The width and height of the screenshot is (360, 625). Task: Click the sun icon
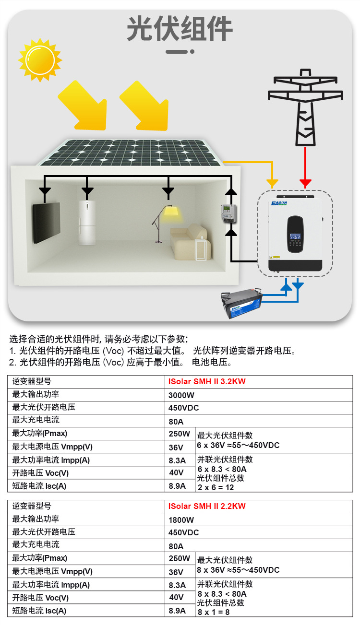[x=40, y=60]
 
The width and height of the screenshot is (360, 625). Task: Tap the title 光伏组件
[x=180, y=28]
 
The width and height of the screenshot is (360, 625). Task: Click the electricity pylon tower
[x=305, y=107]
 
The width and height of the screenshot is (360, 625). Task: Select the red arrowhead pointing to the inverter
[x=305, y=183]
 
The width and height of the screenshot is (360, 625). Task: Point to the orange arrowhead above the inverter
[x=272, y=184]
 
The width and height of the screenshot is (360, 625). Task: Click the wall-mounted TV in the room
[x=47, y=223]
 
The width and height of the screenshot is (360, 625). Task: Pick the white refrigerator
[x=87, y=223]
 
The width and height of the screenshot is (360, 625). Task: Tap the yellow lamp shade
[x=171, y=211]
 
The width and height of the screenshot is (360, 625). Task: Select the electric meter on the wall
[x=229, y=213]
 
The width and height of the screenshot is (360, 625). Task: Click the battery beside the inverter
[x=242, y=304]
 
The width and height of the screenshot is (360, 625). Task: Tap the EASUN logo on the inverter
[x=279, y=203]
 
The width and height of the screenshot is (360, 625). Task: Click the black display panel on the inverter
[x=295, y=234]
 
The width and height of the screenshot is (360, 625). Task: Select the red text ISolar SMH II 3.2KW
[x=207, y=381]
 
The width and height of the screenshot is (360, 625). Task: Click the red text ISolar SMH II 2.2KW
[x=207, y=506]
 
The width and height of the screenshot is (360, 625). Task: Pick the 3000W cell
[x=181, y=395]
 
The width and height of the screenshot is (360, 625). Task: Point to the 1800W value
[x=181, y=520]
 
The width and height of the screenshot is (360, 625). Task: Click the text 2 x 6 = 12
[x=216, y=487]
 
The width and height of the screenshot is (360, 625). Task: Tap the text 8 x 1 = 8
[x=214, y=612]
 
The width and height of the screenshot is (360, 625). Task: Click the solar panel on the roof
[x=129, y=153]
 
